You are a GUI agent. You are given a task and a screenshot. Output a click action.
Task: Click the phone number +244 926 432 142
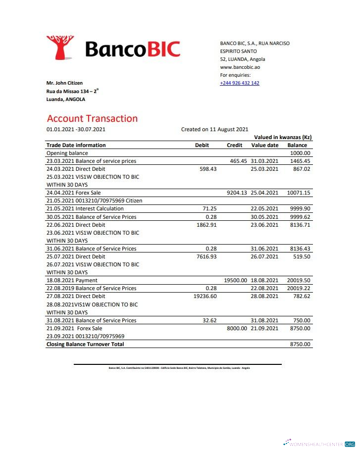(240, 83)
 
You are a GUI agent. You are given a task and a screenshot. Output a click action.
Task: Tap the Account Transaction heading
(92, 118)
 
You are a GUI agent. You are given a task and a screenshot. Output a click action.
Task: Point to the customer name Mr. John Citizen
(64, 83)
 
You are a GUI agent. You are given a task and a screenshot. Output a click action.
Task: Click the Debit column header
(202, 145)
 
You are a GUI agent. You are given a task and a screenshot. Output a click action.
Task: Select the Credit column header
(234, 145)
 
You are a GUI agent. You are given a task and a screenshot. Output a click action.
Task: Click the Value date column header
(265, 145)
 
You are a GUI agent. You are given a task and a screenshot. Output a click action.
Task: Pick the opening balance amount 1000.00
(300, 153)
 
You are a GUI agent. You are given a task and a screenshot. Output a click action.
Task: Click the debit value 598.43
(207, 169)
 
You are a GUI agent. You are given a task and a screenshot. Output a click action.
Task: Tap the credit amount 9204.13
(237, 193)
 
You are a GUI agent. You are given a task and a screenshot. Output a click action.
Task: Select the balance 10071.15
(299, 193)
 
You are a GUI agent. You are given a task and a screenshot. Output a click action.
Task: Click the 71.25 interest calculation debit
(210, 209)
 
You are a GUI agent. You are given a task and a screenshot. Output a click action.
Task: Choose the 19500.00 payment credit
(235, 280)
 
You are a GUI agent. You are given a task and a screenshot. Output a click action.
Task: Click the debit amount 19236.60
(205, 296)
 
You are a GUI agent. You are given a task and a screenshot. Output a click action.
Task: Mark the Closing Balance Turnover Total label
(85, 344)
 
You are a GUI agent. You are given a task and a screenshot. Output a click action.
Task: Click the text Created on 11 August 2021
(214, 129)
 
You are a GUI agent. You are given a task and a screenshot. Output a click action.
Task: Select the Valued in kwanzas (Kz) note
(283, 137)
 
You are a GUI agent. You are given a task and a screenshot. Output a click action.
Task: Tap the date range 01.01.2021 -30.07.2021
(76, 129)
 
